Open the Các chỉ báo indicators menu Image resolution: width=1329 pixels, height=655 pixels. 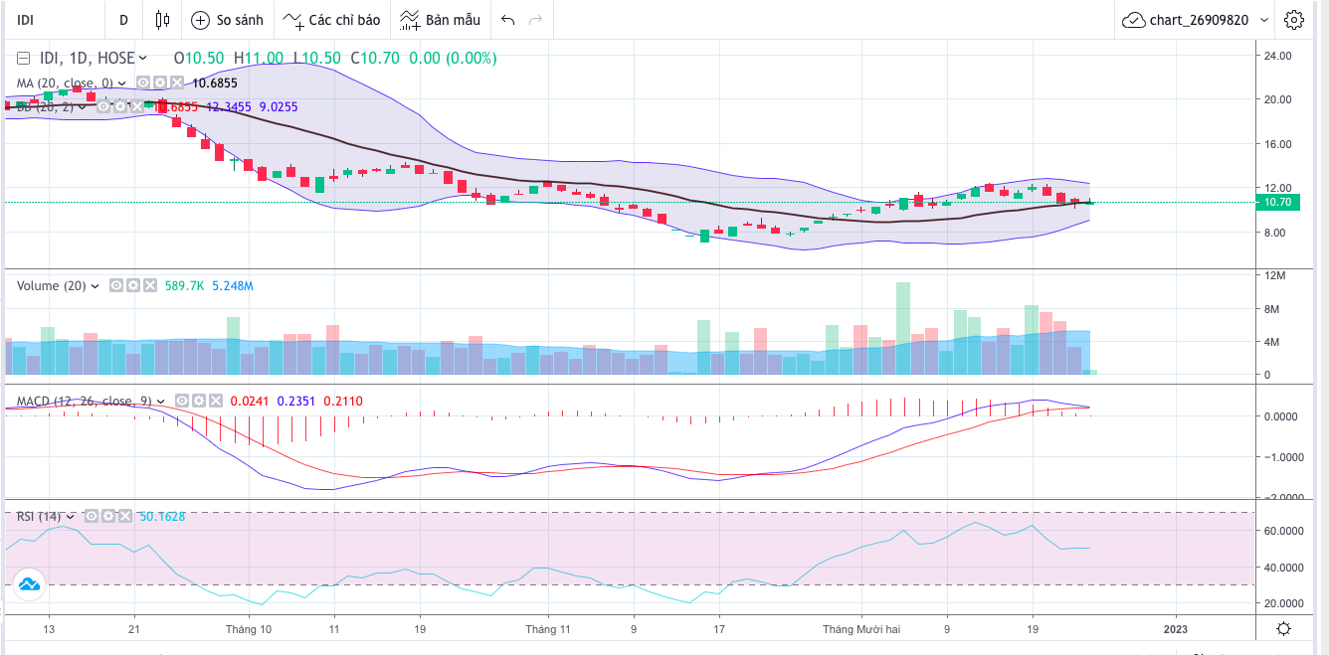(x=331, y=20)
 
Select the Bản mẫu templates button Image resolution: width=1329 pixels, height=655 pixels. (x=440, y=20)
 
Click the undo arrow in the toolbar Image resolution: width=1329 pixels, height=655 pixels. (x=508, y=20)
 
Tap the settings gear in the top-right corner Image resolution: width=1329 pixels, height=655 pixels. (x=1293, y=20)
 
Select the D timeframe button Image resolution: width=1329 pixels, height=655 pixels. (x=123, y=20)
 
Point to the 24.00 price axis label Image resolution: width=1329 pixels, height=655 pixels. (x=1277, y=55)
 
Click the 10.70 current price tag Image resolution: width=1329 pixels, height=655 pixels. (x=1277, y=202)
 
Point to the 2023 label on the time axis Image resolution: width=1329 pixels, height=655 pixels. (x=1176, y=628)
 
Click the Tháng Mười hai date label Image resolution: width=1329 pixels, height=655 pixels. (x=860, y=628)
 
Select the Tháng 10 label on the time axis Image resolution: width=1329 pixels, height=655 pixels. (x=248, y=628)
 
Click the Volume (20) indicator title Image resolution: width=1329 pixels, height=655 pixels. (x=52, y=286)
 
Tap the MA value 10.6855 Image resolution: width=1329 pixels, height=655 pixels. (x=215, y=82)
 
